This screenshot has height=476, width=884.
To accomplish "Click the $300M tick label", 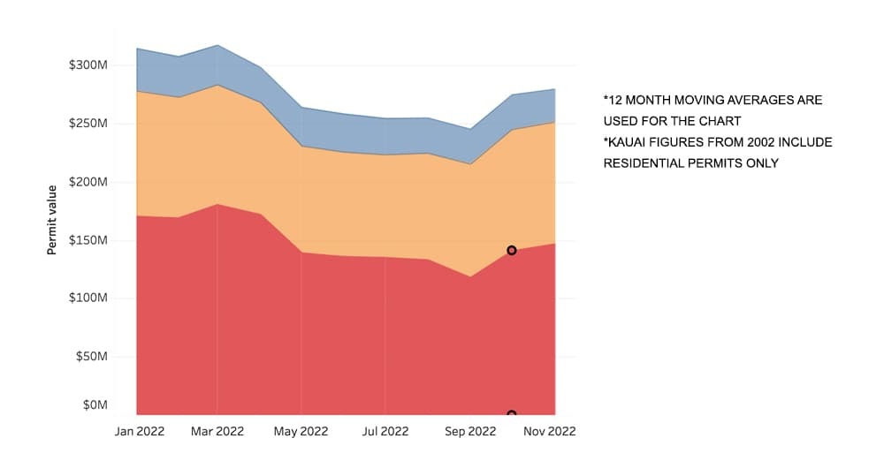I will click(88, 65).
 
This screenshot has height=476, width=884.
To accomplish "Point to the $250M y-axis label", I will click(88, 124).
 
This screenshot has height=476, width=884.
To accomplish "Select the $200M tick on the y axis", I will click(88, 182).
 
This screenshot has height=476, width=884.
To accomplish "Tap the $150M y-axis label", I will click(88, 240).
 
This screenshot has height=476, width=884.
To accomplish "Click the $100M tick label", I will click(88, 298).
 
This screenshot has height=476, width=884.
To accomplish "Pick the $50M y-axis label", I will click(91, 357).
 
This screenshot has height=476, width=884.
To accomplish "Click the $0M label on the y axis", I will click(94, 405).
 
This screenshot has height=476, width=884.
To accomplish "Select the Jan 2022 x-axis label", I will click(139, 432).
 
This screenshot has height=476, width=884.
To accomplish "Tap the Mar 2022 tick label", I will click(217, 432).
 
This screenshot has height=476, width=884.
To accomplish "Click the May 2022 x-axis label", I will click(301, 432).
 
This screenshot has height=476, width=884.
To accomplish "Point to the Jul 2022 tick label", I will click(385, 432).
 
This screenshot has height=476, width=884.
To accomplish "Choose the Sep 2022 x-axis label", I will click(469, 432).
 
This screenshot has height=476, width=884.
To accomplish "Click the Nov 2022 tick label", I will click(550, 432).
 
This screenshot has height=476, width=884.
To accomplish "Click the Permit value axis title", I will click(51, 220).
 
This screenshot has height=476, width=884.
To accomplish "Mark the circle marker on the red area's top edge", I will click(511, 250).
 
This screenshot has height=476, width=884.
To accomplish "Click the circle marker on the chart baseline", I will click(511, 414).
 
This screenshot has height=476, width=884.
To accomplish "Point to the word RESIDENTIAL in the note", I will click(644, 163).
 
